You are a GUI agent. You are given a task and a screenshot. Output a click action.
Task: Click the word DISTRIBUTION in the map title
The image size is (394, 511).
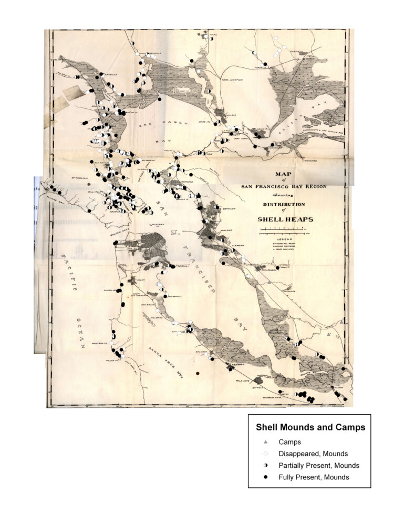[x=282, y=204]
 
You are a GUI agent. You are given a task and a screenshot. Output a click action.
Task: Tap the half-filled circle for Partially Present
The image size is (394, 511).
[x=266, y=466]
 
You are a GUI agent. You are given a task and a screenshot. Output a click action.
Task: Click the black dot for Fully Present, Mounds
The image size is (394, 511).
[x=266, y=477]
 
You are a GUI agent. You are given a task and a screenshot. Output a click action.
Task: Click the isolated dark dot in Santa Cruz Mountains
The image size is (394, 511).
[x=198, y=373]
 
